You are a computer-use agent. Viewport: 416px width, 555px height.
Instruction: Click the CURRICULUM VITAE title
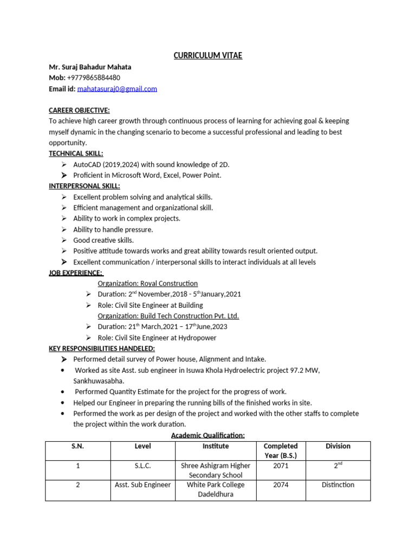tap(207, 56)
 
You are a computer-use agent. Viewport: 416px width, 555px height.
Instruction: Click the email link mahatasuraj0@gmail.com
tap(117, 88)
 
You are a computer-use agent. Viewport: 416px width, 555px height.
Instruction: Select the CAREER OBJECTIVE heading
tap(79, 110)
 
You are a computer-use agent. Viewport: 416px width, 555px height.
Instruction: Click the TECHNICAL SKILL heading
tap(76, 153)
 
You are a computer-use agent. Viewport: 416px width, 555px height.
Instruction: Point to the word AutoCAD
tap(87, 164)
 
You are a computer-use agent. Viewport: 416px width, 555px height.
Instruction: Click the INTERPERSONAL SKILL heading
tap(84, 186)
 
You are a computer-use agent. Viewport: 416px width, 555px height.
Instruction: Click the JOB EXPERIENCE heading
tap(76, 273)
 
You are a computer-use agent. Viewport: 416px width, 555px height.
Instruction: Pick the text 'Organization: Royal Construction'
tap(147, 283)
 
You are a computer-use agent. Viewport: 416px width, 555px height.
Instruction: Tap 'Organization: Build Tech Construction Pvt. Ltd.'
tap(168, 316)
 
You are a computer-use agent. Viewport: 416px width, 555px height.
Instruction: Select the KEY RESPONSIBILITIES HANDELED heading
tap(102, 349)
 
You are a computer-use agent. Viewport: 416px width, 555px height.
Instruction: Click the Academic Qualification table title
tap(208, 435)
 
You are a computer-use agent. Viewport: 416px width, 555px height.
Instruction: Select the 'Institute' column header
tap(216, 446)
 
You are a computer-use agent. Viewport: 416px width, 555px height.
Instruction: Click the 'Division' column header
tap(338, 446)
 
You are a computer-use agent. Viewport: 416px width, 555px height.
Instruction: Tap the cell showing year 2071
tap(281, 466)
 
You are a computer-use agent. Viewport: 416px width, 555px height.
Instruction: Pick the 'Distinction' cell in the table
tap(338, 485)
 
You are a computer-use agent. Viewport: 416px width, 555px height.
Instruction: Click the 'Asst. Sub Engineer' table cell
tap(143, 485)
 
